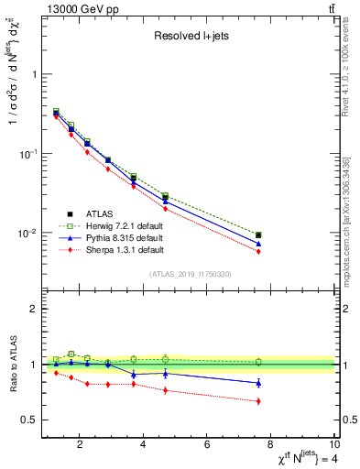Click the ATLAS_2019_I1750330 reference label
click(190, 273)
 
